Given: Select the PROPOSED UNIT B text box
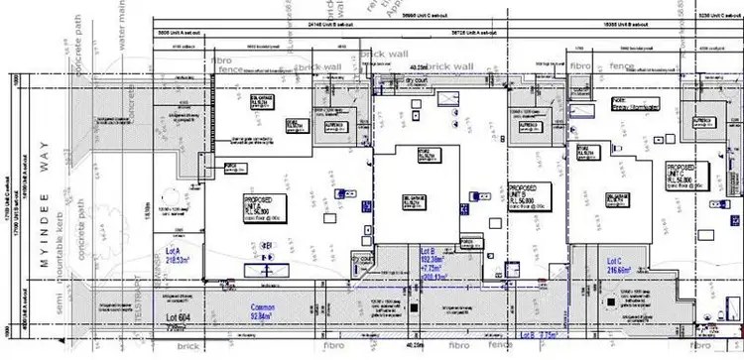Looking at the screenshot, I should tap(527, 195).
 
